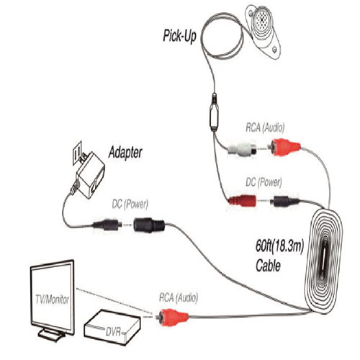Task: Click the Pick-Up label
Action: coord(179,37)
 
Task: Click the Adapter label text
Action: coord(125,153)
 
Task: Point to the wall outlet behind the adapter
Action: coord(77,153)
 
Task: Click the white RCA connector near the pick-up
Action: coord(242,150)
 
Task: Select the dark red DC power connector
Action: coord(243,201)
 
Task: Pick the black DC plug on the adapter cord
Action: coord(107,225)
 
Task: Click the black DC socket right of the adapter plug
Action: coord(149,225)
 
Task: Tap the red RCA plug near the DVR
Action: coord(172,318)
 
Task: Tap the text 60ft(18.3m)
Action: coord(279,246)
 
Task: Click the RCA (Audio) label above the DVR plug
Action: coord(179,298)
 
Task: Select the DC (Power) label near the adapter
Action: coord(130,204)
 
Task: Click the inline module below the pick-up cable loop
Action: coord(215,113)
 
